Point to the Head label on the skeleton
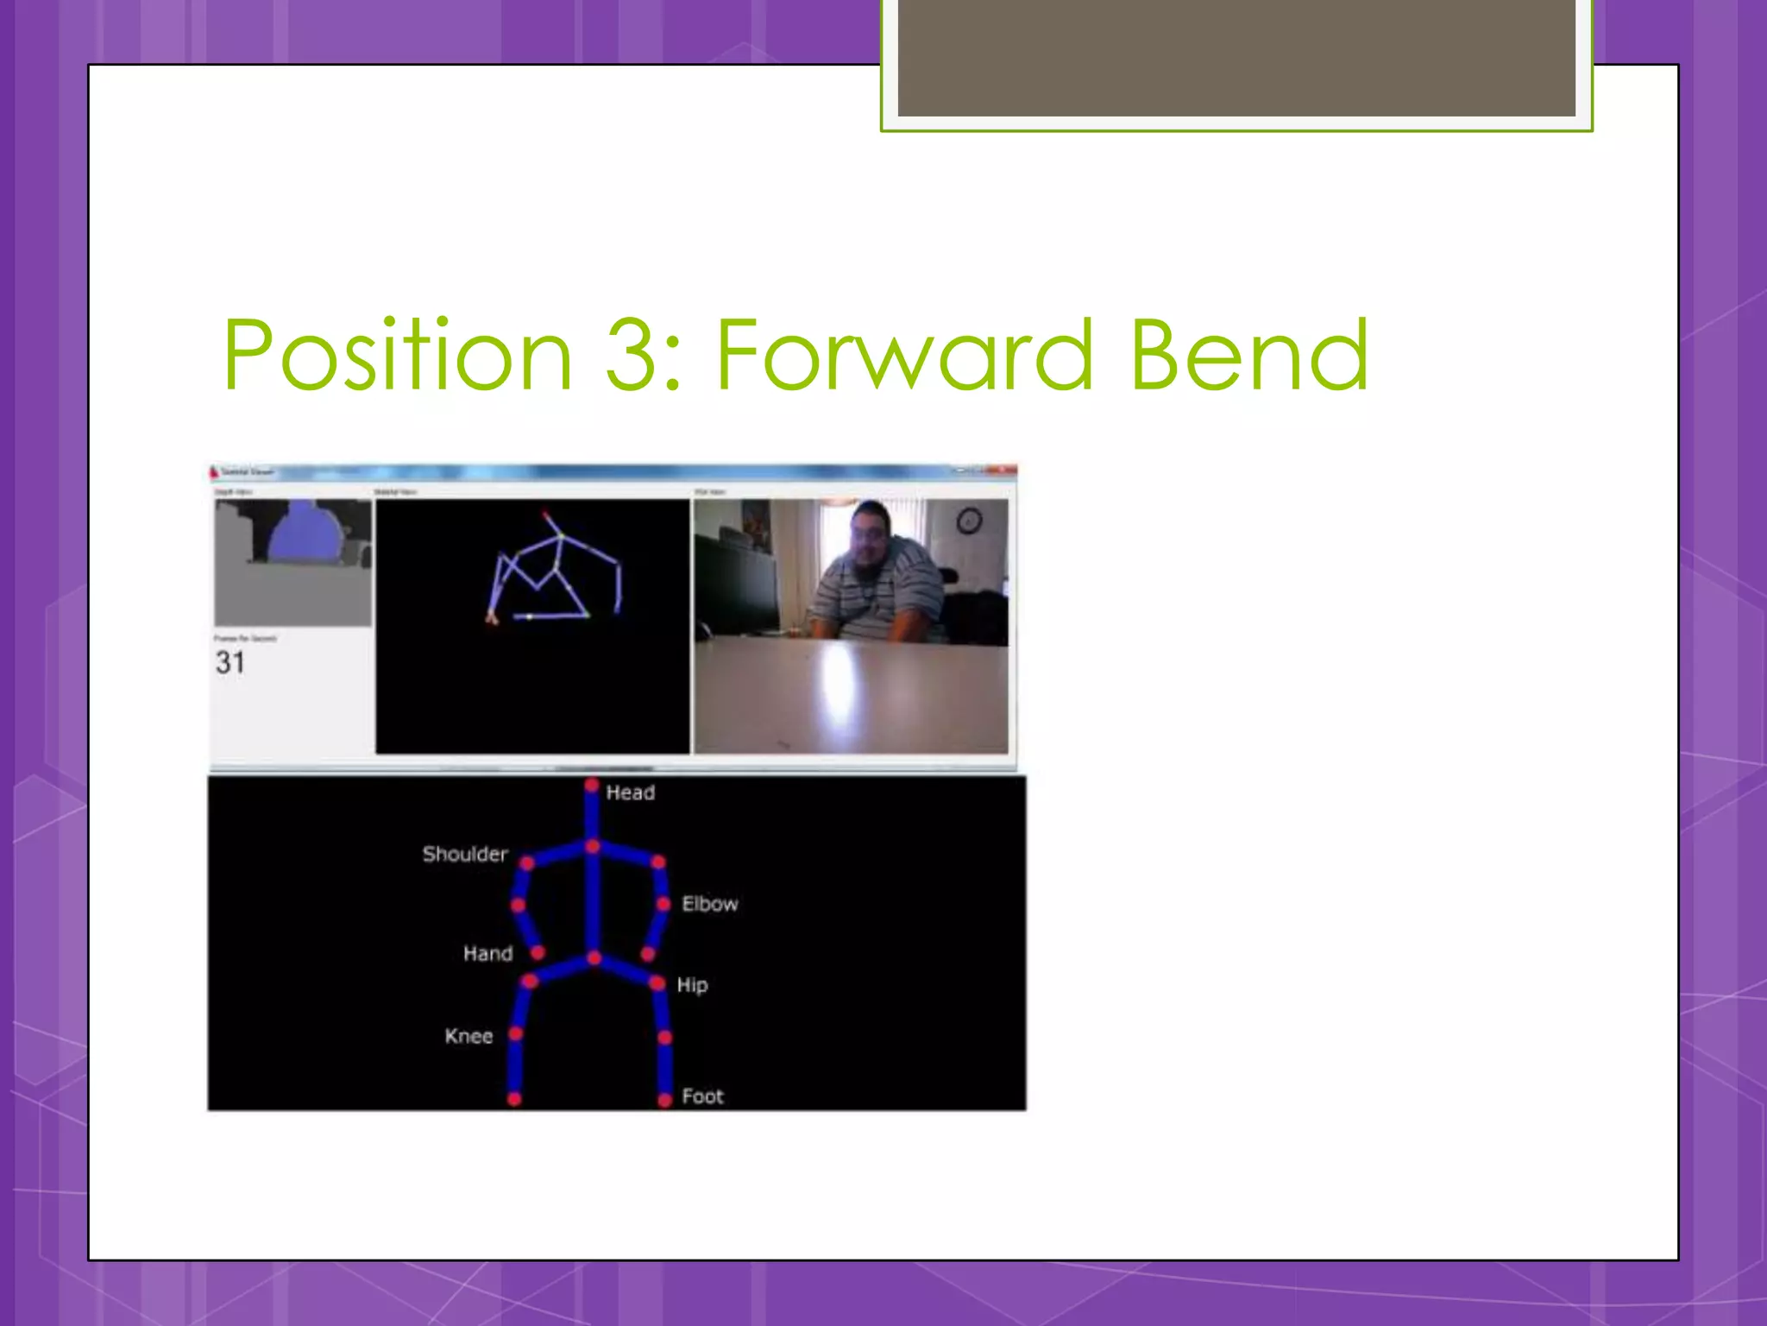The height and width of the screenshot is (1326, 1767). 630,792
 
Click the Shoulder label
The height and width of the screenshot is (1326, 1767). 465,854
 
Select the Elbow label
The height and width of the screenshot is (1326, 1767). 710,904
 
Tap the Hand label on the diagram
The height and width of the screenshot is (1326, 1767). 487,953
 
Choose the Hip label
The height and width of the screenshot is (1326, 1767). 692,985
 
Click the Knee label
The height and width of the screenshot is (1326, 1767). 468,1036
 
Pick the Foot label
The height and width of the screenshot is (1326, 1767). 702,1096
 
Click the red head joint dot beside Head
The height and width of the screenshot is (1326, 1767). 592,785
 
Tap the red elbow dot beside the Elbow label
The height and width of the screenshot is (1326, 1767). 663,904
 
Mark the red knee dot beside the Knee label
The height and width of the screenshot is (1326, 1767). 516,1033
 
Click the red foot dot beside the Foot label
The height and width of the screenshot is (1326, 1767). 664,1100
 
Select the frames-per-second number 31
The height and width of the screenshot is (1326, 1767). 230,663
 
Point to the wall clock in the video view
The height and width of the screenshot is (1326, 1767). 969,521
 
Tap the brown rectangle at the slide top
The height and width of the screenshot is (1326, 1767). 1236,58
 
